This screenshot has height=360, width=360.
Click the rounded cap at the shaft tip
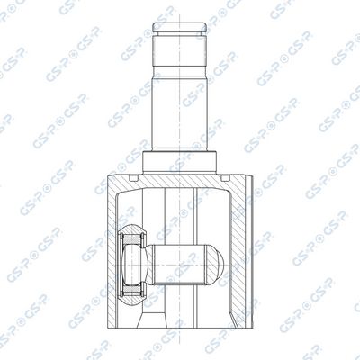(x=180, y=27)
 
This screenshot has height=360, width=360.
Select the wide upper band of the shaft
(x=180, y=51)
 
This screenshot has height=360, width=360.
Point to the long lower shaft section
(x=180, y=114)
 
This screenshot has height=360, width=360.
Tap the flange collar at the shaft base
(x=180, y=163)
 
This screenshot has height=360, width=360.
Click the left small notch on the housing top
(x=133, y=178)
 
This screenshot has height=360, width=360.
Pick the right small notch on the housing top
(x=225, y=178)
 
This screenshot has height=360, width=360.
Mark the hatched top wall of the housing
(x=180, y=181)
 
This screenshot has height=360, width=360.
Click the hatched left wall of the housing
(x=112, y=252)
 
